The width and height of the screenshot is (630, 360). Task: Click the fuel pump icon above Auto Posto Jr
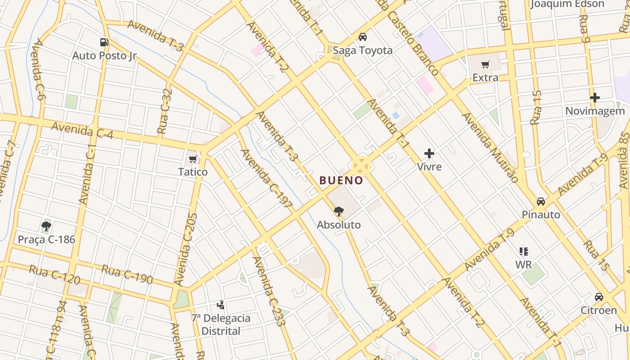104,42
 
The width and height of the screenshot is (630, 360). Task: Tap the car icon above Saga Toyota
363,37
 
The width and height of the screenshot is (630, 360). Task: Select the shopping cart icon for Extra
485,65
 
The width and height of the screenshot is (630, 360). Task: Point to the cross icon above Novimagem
595,97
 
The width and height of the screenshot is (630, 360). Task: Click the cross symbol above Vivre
429,153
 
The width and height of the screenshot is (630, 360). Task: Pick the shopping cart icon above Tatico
193,159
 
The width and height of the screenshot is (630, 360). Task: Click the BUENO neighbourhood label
341,180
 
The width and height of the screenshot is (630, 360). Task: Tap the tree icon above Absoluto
339,211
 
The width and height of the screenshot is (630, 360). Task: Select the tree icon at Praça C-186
46,226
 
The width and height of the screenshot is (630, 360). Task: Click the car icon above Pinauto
541,201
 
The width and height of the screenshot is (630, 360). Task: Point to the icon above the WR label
523,251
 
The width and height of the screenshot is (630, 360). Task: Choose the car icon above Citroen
598,297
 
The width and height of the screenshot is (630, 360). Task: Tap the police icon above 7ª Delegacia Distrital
220,305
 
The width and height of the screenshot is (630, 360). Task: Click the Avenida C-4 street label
82,131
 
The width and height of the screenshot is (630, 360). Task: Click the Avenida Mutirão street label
490,147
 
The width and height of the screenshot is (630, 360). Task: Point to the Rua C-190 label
127,274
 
